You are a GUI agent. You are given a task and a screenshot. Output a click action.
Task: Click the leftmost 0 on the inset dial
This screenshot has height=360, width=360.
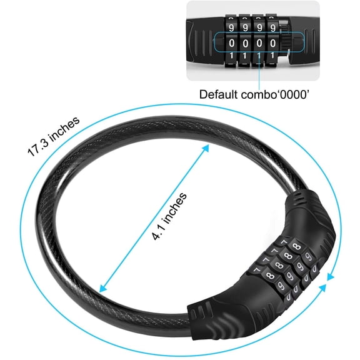tap(232, 43)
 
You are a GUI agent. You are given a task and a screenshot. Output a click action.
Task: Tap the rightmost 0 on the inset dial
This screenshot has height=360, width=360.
tap(272, 43)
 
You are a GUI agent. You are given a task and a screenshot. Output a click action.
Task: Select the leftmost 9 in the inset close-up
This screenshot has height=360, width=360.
tap(231, 27)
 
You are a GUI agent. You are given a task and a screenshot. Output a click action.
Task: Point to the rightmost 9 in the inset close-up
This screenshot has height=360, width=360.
tap(272, 27)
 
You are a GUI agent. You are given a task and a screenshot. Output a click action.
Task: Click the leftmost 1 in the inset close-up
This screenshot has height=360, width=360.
tap(231, 56)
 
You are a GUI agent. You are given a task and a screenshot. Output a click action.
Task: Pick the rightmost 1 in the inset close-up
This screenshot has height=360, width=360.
tap(272, 56)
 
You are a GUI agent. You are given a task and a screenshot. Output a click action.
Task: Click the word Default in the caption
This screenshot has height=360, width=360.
tap(218, 94)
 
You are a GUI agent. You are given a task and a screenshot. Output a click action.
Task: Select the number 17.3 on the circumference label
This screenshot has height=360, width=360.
tap(39, 148)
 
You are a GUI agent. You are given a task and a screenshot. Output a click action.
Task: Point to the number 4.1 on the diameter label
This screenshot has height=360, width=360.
tap(158, 232)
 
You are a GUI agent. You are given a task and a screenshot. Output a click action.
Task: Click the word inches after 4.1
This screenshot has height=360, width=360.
tap(175, 208)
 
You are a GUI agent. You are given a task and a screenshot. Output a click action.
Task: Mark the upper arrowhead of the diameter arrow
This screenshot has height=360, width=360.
tap(205, 149)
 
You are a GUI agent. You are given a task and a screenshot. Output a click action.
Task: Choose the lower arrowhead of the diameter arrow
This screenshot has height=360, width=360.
tap(103, 288)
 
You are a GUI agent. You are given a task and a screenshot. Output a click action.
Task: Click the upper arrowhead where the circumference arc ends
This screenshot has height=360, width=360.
tap(330, 277)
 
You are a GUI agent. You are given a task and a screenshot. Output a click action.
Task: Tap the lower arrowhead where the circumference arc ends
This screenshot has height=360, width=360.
tap(322, 288)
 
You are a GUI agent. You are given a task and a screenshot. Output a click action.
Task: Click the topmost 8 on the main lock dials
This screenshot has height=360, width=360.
tap(297, 247)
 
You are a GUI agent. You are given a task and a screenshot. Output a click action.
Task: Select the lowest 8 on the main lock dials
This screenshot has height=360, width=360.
tap(271, 275)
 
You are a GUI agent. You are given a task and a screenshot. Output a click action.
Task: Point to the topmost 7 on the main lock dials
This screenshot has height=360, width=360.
tap(284, 242)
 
